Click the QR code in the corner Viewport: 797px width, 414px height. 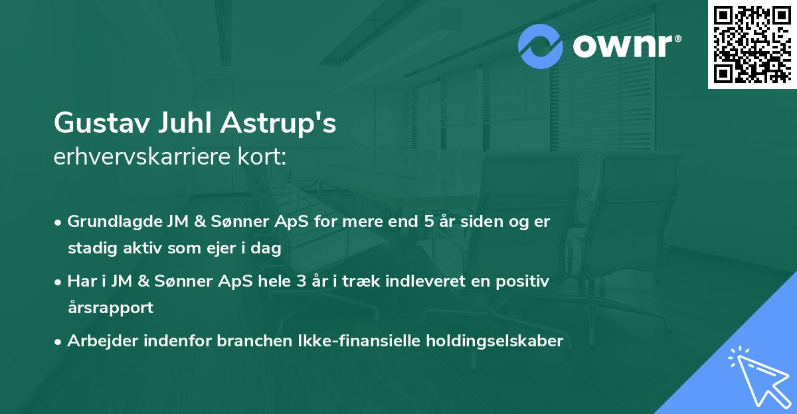coord(753,44)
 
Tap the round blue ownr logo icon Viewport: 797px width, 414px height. coord(541,46)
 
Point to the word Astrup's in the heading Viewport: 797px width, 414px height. coord(282,124)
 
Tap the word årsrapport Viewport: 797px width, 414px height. coord(110,308)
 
